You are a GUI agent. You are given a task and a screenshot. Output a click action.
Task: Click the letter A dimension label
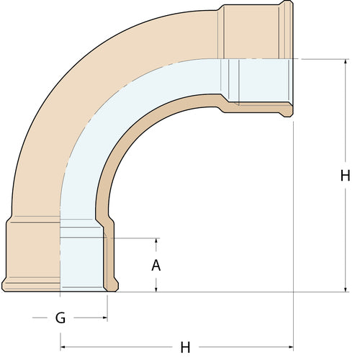click(156, 264)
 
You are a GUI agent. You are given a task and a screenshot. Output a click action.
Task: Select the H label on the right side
click(345, 175)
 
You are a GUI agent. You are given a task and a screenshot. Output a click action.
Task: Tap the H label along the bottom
click(185, 347)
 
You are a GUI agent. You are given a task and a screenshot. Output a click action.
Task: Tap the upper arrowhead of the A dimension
click(156, 240)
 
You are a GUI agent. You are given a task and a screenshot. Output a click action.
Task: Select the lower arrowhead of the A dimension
click(156, 289)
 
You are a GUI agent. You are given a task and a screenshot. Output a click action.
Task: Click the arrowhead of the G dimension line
click(104, 316)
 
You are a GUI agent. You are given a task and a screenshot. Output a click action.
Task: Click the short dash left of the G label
click(39, 316)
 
